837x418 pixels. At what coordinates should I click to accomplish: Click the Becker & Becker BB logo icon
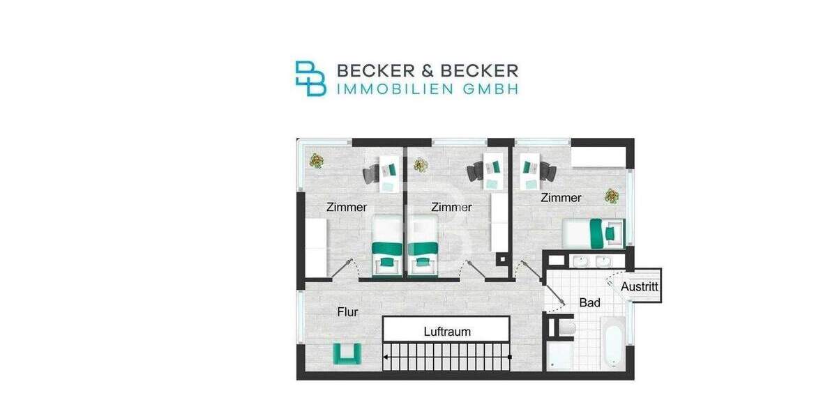[310, 78]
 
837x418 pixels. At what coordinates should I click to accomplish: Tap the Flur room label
[347, 312]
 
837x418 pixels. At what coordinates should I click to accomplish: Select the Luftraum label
[447, 332]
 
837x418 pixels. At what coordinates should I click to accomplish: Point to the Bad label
[589, 303]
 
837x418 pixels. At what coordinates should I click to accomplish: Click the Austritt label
[640, 286]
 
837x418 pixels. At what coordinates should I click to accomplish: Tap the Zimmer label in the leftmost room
[347, 207]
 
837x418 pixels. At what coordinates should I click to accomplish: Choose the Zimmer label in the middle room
[451, 207]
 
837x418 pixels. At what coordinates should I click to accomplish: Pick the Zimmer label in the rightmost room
[561, 198]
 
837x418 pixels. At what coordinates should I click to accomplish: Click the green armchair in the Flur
[347, 353]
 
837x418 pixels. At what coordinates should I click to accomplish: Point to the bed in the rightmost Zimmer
[594, 233]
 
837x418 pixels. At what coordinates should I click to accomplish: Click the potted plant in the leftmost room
[317, 161]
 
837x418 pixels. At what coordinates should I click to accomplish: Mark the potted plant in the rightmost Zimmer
[612, 196]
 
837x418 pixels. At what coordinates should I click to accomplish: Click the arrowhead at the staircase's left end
[385, 357]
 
